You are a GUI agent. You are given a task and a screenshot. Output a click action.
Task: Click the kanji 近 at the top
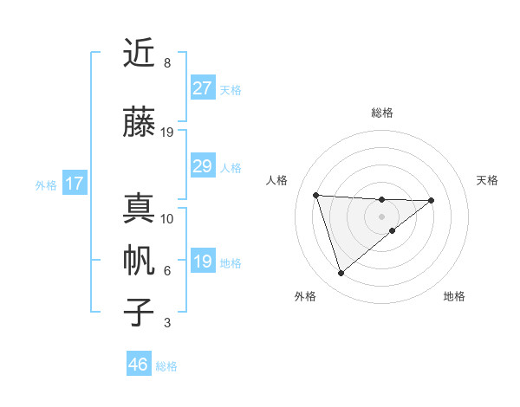coord(140,54)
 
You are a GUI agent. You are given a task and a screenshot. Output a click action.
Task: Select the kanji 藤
coord(140,121)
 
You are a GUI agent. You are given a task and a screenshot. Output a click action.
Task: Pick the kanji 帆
coord(140,261)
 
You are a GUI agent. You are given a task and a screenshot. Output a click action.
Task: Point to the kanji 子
coord(140,313)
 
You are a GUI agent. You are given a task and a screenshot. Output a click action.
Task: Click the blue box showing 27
coord(202,88)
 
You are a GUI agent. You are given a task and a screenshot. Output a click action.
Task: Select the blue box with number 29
coord(202,166)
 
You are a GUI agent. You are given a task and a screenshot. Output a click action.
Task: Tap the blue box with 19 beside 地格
coord(202,262)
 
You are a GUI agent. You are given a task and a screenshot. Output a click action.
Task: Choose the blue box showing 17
coord(75,184)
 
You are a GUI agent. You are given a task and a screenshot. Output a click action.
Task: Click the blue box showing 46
coord(139,365)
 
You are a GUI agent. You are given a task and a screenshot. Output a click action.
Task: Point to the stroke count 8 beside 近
coord(167,63)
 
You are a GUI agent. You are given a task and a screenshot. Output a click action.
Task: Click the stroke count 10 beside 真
coord(167,218)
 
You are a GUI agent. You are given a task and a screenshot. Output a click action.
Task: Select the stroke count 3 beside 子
coord(167,323)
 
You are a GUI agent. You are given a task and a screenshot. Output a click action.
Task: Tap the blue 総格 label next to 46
coord(166,366)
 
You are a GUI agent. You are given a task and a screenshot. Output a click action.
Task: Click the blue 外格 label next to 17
coord(46,184)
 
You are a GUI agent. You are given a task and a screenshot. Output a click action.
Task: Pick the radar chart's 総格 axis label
coord(382,113)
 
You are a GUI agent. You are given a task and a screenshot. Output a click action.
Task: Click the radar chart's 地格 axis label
coord(454,296)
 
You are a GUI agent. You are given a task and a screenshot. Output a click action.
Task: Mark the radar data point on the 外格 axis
coord(341,273)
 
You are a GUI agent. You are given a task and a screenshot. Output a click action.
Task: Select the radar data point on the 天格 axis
coord(432,200)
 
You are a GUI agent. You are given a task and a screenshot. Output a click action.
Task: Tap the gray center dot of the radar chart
coord(382,216)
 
